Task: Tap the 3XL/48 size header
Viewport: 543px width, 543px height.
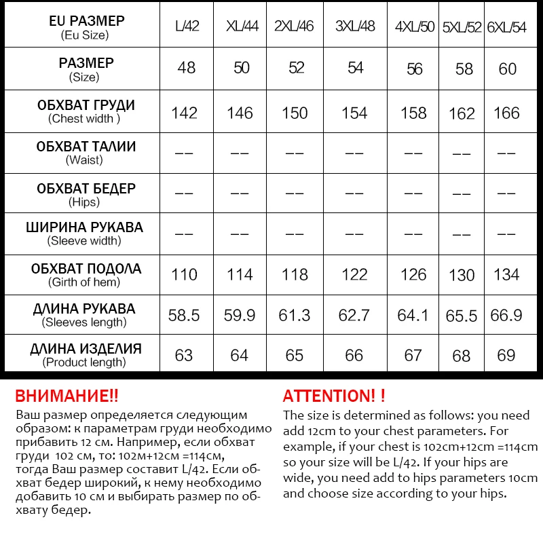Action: [354, 28]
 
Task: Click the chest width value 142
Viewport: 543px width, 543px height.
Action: [185, 113]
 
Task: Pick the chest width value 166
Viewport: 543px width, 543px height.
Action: [506, 113]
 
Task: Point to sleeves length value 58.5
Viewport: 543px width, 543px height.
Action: [185, 315]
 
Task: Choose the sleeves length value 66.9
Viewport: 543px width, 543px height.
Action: [506, 315]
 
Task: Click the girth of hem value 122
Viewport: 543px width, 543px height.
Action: [354, 275]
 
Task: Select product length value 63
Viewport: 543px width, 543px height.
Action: [184, 355]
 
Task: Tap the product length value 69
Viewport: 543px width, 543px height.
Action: [506, 355]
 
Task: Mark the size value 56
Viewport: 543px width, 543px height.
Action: [414, 69]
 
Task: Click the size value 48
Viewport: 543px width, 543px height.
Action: [186, 68]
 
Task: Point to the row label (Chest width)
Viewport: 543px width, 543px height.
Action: [84, 119]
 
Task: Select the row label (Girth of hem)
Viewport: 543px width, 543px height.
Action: [84, 282]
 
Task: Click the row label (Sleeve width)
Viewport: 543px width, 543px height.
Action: [84, 240]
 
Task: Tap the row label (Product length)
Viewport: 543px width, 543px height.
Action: [84, 362]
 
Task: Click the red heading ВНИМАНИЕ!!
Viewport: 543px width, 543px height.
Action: [67, 396]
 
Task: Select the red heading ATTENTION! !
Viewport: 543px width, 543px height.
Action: [334, 396]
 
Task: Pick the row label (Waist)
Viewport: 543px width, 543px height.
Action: [84, 160]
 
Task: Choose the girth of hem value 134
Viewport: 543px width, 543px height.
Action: [506, 275]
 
